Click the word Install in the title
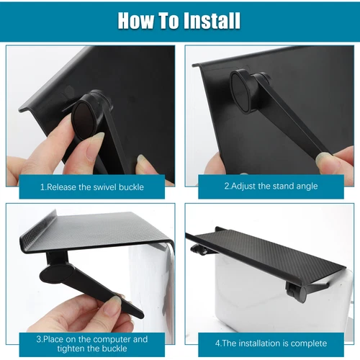(205, 20)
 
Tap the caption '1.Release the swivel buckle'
(91, 186)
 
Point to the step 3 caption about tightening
(91, 343)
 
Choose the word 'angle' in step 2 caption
(305, 186)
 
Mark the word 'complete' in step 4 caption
(309, 343)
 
